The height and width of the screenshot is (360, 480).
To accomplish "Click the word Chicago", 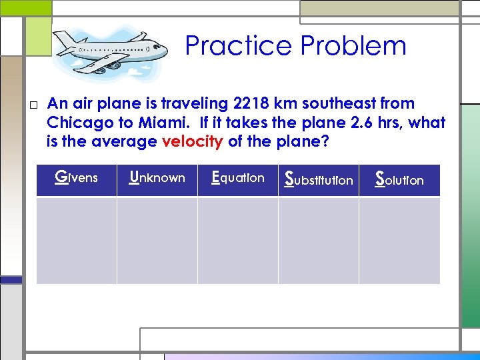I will [75, 123].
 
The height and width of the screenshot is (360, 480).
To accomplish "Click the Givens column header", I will [77, 178].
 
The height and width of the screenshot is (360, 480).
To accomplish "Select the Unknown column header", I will [157, 178].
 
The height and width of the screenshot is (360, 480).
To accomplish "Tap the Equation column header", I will [238, 178].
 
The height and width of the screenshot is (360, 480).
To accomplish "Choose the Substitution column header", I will [319, 179].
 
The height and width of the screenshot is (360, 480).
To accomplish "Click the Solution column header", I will [399, 179].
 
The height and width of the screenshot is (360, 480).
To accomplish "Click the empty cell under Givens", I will [77, 240].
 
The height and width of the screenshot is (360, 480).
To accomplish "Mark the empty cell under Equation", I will [238, 240].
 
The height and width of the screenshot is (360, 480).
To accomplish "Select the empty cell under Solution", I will [399, 240].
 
